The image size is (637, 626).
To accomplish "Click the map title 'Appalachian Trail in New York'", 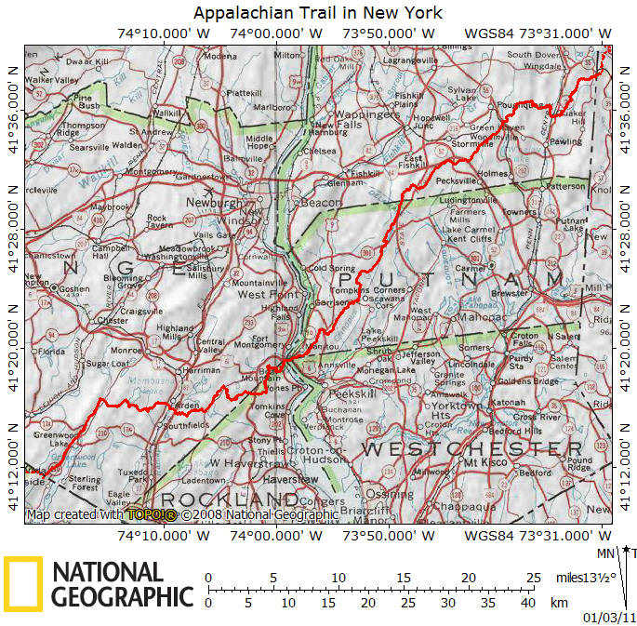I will coord(317,13).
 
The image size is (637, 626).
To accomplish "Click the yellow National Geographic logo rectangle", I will coord(22,583).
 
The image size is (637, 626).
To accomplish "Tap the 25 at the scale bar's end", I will coord(532,578).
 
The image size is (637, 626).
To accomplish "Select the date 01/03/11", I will coord(604,617).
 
